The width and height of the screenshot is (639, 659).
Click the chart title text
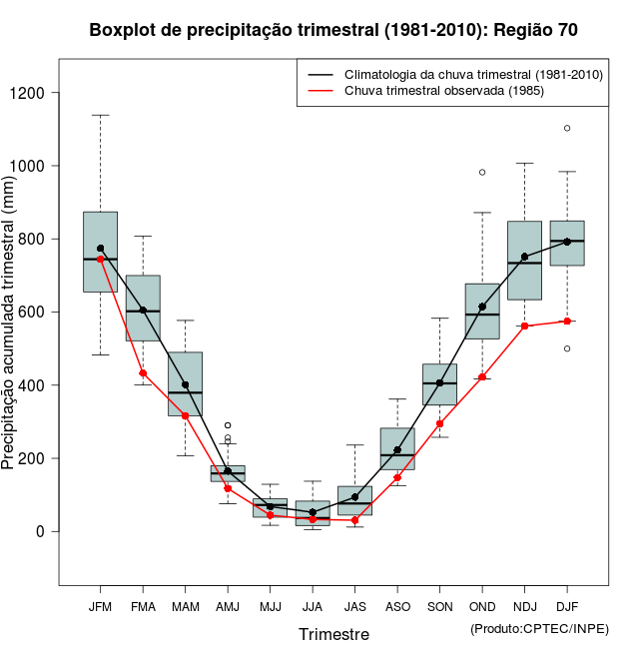click(x=333, y=30)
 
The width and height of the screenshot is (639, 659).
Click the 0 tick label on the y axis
click(x=39, y=531)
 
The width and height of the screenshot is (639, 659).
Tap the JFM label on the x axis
click(x=100, y=606)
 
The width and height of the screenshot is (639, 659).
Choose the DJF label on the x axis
click(x=567, y=606)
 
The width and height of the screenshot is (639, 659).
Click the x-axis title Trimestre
click(x=333, y=634)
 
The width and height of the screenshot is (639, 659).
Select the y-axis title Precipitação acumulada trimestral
click(x=10, y=320)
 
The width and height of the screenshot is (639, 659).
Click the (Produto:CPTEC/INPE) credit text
click(x=539, y=628)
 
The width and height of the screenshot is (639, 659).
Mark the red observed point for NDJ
click(x=524, y=326)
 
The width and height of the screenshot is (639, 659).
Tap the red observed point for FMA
click(x=143, y=373)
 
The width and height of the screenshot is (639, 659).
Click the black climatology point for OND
click(x=482, y=307)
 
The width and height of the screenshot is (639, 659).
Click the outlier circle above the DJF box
click(x=567, y=128)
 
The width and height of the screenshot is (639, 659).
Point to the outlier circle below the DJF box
click(x=567, y=348)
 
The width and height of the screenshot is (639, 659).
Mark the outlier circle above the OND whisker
click(x=482, y=172)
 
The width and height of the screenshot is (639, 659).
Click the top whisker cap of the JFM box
click(x=100, y=115)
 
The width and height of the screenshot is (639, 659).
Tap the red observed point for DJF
click(x=567, y=321)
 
